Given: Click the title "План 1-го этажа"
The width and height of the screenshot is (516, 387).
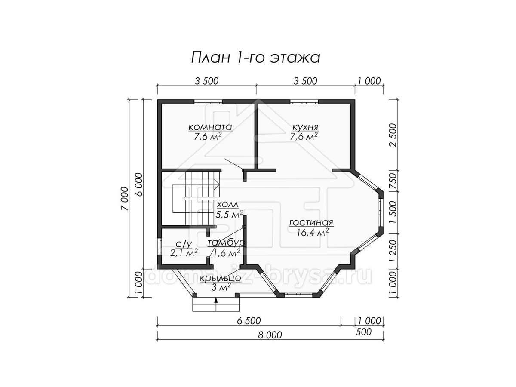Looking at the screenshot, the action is tap(255, 58).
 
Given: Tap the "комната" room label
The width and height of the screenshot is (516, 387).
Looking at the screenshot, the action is tap(210, 127).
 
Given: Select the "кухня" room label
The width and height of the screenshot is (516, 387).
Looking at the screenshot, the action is tap(305, 127).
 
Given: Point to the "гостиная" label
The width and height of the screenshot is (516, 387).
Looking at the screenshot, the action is tap(311, 222).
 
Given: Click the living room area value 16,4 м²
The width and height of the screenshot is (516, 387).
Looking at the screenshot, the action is tap(313, 233).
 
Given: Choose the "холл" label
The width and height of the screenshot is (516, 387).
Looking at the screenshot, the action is tap(227, 205).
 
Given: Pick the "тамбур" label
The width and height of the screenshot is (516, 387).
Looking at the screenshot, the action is tap(227, 243).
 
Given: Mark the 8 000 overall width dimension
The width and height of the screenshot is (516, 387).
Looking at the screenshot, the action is tap(270, 335).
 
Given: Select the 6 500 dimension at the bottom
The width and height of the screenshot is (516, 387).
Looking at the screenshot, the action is tap(249, 321).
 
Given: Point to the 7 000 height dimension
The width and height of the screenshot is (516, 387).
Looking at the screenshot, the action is tap(125, 199).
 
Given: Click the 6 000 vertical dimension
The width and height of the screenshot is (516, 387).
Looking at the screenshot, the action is tap(139, 185).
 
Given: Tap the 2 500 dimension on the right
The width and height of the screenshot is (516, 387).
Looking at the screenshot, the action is tap(393, 135).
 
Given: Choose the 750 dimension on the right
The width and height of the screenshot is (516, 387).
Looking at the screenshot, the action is tap(393, 181).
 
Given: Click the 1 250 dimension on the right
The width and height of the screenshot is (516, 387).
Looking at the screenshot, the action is tap(393, 251).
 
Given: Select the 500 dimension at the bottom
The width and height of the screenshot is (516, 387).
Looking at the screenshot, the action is tap(363, 332).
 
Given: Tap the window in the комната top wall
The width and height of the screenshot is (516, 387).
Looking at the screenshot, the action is tap(208, 102).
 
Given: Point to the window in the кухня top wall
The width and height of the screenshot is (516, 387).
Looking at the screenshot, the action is tap(304, 102).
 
